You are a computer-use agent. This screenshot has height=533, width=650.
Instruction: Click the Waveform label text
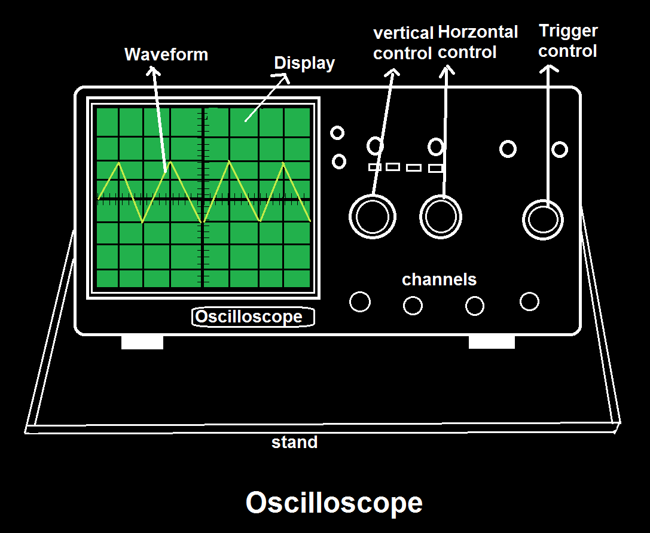[166, 54]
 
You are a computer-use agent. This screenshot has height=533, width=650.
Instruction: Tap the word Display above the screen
[304, 63]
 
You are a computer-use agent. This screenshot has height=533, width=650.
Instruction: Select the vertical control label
[402, 43]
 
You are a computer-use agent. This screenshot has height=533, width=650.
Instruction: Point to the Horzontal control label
[469, 42]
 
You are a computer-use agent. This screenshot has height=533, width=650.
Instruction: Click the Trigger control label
[567, 41]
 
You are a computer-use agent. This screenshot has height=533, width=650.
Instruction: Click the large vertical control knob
[372, 215]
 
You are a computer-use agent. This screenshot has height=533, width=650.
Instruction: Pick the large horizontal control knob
[441, 216]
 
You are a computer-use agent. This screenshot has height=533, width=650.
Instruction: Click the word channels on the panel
[439, 279]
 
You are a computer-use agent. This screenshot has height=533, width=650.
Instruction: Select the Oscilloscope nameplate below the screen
[253, 317]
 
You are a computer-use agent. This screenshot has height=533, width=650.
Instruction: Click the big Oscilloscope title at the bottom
[334, 503]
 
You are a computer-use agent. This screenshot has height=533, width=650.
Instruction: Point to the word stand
[294, 443]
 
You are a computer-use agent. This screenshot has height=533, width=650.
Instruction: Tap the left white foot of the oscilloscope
[142, 342]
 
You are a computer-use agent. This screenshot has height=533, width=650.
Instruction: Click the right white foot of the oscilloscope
[492, 342]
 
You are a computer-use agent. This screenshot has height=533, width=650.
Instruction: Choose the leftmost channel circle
[359, 302]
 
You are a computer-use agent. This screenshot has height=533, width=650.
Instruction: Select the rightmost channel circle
[529, 301]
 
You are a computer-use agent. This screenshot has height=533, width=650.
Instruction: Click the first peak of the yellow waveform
[119, 163]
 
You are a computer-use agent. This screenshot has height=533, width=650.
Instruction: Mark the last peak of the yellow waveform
[283, 163]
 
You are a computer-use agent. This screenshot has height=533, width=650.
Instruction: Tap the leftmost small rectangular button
[375, 167]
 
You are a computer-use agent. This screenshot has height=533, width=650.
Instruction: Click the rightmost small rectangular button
[436, 169]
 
